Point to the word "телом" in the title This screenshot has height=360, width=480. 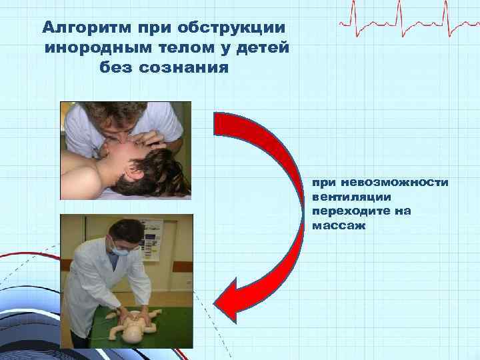pyautogui.click(x=189, y=48)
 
